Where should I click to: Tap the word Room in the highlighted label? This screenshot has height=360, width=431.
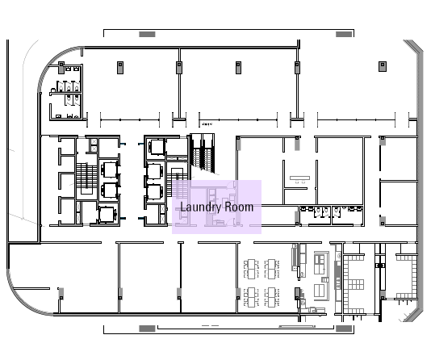pyautogui.click(x=239, y=207)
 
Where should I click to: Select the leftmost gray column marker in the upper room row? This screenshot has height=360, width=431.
pyautogui.click(x=120, y=68)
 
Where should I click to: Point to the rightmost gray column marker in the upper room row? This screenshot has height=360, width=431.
pyautogui.click(x=383, y=66)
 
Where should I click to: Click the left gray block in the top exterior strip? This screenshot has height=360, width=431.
pyautogui.click(x=147, y=34)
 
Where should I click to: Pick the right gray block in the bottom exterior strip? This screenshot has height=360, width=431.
pyautogui.click(x=344, y=329)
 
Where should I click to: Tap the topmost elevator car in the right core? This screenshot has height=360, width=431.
pyautogui.click(x=157, y=147)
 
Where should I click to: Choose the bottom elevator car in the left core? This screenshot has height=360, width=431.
pyautogui.click(x=107, y=215)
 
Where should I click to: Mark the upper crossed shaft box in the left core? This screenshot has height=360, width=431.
pyautogui.click(x=94, y=141)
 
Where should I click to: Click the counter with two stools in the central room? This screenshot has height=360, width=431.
pyautogui.click(x=299, y=179)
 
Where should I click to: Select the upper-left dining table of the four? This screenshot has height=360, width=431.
pyautogui.click(x=251, y=269)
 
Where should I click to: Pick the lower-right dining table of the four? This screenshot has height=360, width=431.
pyautogui.click(x=272, y=297)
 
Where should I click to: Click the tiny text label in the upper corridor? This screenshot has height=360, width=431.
pyautogui.click(x=207, y=124)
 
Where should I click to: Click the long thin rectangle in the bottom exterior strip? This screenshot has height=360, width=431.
pyautogui.click(x=297, y=326)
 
